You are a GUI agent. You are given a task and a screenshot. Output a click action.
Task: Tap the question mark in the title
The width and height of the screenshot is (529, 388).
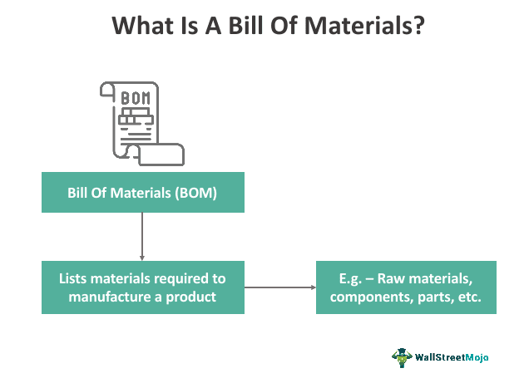pos(418,26)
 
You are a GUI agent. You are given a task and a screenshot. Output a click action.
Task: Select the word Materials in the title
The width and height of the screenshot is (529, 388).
pos(358,26)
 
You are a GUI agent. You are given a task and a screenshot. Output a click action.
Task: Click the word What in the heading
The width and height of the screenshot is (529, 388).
pos(142,26)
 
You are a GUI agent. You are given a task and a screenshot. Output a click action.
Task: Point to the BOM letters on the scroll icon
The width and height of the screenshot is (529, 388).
pos(136,98)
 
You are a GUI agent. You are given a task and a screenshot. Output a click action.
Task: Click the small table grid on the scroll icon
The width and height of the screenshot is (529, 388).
pos(136,116)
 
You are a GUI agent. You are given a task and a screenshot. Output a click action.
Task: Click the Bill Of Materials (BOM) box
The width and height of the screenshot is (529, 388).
pos(143,192)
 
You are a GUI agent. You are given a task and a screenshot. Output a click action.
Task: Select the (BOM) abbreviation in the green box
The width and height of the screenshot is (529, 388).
pos(195,193)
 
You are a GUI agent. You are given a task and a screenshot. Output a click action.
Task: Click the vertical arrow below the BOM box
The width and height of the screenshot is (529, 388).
pos(142,236)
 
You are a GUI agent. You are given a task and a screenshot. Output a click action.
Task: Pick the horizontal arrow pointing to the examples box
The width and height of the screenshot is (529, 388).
pos(280,287)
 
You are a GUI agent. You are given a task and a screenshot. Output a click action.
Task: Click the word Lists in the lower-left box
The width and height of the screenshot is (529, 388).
pos(73,278)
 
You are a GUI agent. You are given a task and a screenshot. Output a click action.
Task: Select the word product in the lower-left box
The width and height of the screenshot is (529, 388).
pos(191,297)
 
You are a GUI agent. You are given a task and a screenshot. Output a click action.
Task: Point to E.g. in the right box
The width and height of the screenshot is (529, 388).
pos(350,279)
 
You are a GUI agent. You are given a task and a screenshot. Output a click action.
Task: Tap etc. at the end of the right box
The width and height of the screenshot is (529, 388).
pos(470,297)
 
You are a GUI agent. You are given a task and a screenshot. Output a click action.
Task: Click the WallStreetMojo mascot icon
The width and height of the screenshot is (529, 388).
pos(402,357)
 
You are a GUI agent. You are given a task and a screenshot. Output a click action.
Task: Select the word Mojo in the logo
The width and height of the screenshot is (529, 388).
pos(477,357)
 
